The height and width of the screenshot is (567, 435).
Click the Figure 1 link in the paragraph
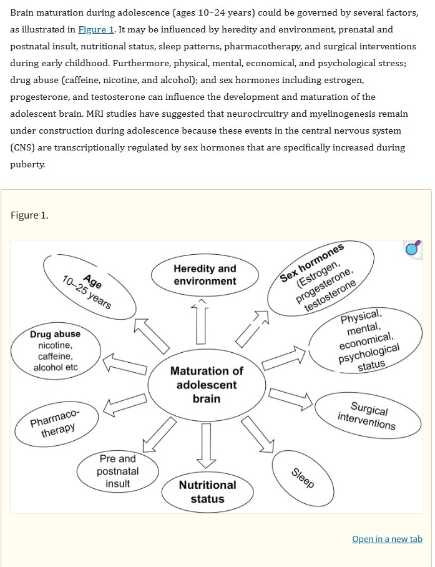pyautogui.click(x=95, y=29)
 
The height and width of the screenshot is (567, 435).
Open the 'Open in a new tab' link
pyautogui.click(x=388, y=539)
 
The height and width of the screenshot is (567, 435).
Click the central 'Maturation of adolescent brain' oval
pyautogui.click(x=207, y=385)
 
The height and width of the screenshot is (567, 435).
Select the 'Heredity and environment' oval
pyautogui.click(x=205, y=275)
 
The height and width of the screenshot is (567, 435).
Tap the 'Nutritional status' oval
pyautogui.click(x=207, y=492)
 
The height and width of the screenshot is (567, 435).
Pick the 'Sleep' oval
pyautogui.click(x=303, y=478)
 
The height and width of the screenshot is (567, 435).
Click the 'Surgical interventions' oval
pyautogui.click(x=368, y=415)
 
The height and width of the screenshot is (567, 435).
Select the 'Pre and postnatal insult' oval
pyautogui.click(x=118, y=471)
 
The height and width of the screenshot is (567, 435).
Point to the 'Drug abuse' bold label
pyautogui.click(x=56, y=334)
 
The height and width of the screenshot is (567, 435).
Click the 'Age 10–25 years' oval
pyautogui.click(x=90, y=287)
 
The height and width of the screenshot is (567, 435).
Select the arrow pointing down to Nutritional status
pyautogui.click(x=207, y=445)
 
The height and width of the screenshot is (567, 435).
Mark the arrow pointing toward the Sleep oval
pyautogui.click(x=258, y=434)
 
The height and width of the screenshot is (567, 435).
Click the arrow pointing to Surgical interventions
pyautogui.click(x=291, y=399)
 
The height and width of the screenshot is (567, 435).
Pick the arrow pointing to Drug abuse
pyautogui.click(x=125, y=363)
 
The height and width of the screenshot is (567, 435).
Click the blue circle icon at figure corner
pyautogui.click(x=413, y=249)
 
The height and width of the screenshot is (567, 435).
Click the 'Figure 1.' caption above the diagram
pyautogui.click(x=29, y=215)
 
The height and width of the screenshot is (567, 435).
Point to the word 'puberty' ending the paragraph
pyautogui.click(x=27, y=164)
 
